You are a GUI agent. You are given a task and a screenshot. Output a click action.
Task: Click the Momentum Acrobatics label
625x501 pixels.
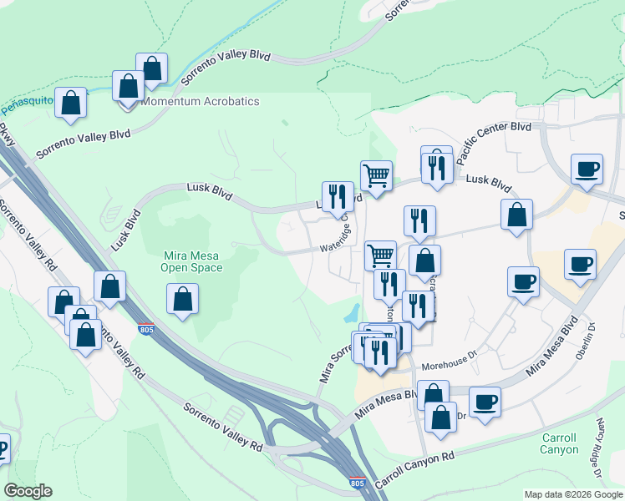tap(201, 102)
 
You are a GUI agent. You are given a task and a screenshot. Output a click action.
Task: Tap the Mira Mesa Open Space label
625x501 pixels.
tap(192, 261)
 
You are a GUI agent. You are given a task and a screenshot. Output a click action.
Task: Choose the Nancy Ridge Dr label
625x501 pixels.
tap(607, 439)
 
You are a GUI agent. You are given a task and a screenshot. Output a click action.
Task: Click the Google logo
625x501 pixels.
tap(28, 491)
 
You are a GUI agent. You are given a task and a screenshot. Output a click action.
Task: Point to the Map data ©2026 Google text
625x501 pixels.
tap(572, 494)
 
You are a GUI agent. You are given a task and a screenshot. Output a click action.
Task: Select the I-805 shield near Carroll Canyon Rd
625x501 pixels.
tap(358, 483)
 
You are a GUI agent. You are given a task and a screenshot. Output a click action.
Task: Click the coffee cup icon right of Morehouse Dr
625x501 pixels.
tap(485, 401)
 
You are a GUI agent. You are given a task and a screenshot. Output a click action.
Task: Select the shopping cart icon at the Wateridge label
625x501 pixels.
tap(381, 255)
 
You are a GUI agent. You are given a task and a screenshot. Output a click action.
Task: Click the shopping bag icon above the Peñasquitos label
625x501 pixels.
tap(71, 103)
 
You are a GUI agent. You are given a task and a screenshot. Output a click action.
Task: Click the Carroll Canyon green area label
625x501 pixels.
tap(559, 443)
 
